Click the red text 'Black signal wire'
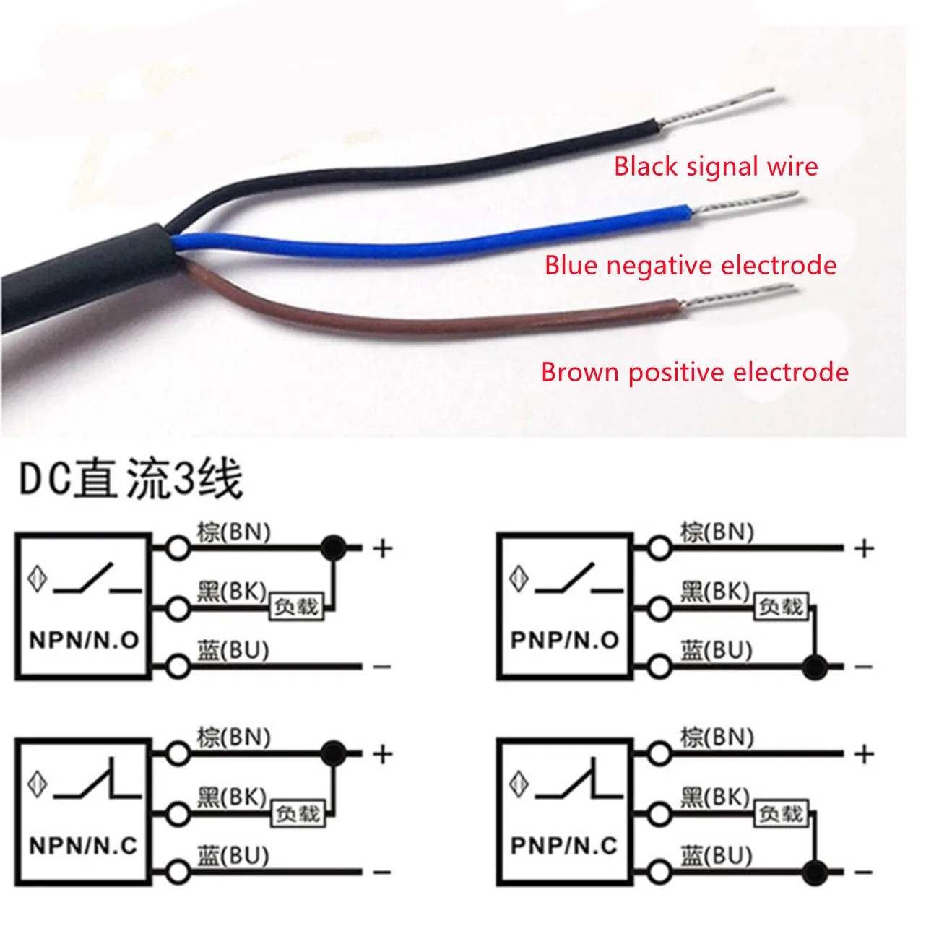coord(716,167)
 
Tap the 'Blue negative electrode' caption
coord(691,266)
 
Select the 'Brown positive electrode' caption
coord(694,373)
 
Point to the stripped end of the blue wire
coord(744,202)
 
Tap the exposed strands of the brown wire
coord(737,296)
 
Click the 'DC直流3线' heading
coord(131,479)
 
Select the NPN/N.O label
coord(84,640)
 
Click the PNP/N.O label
coord(564,640)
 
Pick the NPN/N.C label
coord(84,846)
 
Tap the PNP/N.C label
coord(564,846)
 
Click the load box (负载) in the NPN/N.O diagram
coord(296,607)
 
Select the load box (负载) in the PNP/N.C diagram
coord(780,814)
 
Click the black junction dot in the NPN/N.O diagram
coord(333,548)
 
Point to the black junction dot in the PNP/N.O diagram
coord(815,665)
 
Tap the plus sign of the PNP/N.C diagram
coord(864,755)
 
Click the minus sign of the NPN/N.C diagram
coord(382,873)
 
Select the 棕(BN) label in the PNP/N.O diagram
coord(717,532)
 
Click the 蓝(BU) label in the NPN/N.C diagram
coord(233,856)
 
